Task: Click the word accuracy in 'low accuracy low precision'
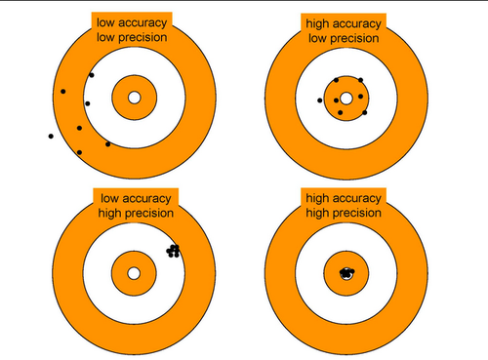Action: click(142, 23)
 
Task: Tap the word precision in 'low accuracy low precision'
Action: click(142, 38)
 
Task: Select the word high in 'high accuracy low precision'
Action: click(317, 24)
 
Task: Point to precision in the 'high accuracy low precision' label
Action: click(354, 39)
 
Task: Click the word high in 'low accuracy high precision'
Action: click(110, 214)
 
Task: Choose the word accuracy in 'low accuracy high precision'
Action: click(146, 199)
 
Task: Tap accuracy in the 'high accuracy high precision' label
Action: click(356, 199)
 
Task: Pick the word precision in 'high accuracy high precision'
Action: click(356, 214)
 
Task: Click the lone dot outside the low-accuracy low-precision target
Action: click(51, 136)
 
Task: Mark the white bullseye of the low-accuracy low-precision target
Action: click(135, 98)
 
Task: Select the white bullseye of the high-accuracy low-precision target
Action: click(346, 99)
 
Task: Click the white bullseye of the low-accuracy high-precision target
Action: click(134, 273)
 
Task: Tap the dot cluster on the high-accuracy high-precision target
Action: click(346, 272)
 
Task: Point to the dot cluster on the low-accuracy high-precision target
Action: click(173, 251)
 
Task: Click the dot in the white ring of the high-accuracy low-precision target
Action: click(320, 100)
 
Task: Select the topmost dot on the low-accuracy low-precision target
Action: click(92, 75)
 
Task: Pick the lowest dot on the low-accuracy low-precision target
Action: click(79, 152)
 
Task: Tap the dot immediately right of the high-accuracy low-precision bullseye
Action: click(360, 97)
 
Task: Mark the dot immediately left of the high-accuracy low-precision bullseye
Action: click(336, 100)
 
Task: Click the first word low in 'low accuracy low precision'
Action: click(105, 23)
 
